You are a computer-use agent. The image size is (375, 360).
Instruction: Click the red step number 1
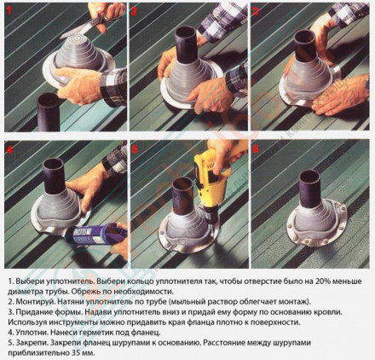9,10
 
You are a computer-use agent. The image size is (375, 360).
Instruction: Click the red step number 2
134,11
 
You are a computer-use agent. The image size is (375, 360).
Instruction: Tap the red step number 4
9,149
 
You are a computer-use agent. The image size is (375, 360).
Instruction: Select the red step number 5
135,148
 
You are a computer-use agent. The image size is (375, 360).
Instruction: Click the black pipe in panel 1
48,112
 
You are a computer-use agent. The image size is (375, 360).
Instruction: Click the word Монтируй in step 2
33,301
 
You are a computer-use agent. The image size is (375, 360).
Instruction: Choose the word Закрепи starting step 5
31,343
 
